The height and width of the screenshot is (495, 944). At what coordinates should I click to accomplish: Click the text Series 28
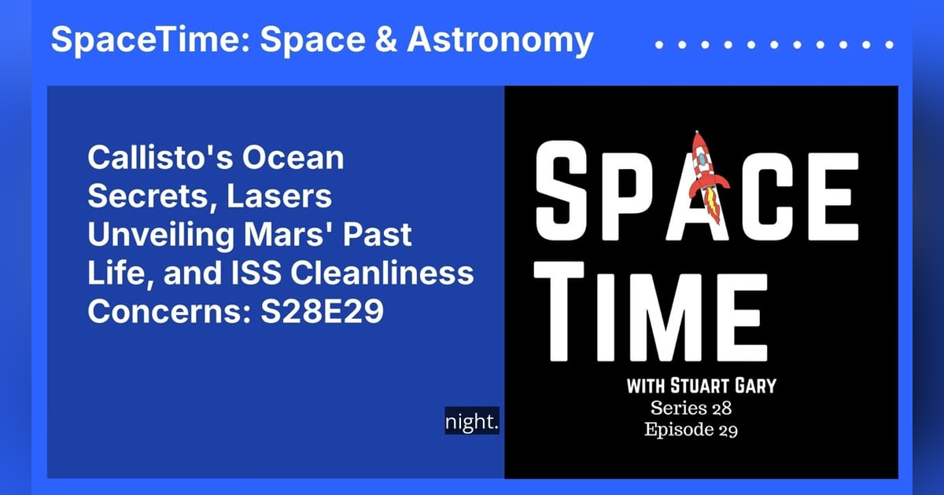pyautogui.click(x=691, y=409)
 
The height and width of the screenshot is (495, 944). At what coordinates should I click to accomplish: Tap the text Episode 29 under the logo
pyautogui.click(x=691, y=430)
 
